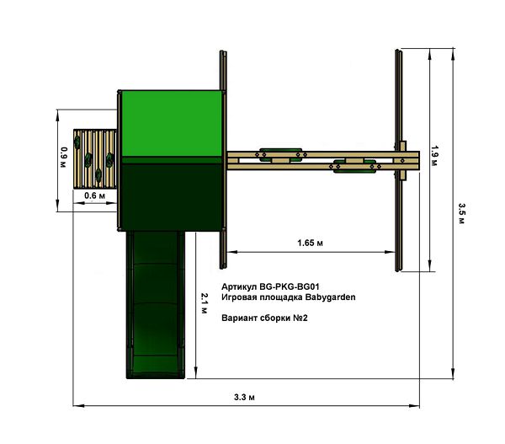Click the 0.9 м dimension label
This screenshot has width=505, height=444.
64,158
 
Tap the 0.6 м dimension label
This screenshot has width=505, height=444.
94,195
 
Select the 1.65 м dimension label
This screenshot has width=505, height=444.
310,243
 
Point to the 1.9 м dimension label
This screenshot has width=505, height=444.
434,156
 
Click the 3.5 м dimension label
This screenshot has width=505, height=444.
461,213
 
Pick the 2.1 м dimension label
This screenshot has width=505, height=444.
205,303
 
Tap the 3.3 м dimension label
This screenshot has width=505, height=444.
244,398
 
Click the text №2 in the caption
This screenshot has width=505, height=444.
300,318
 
